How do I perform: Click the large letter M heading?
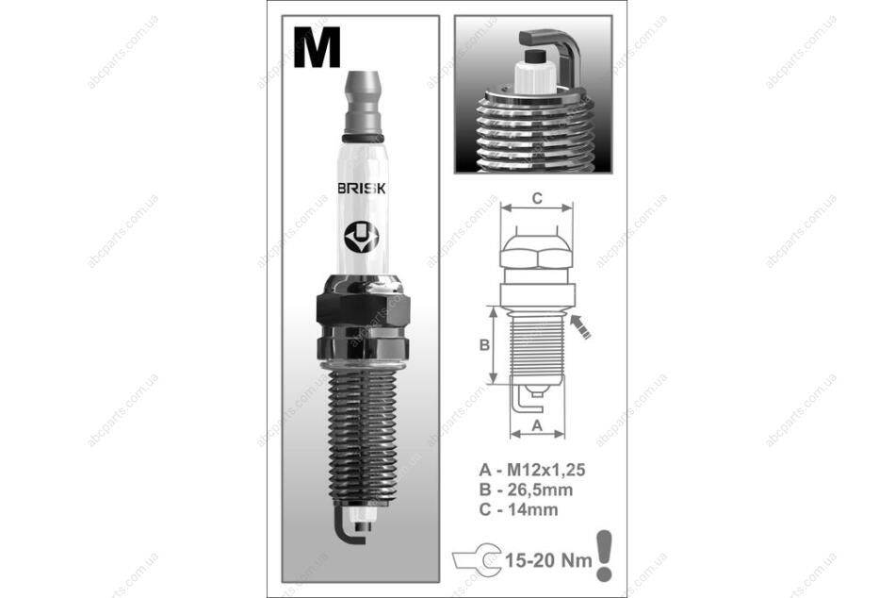pyautogui.click(x=317, y=47)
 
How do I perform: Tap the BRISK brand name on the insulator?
pyautogui.click(x=362, y=189)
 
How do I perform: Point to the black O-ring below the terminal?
pyautogui.click(x=363, y=138)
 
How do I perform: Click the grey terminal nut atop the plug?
pyautogui.click(x=363, y=103)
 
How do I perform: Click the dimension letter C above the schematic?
pyautogui.click(x=537, y=198)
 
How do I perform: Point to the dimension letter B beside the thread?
pyautogui.click(x=484, y=345)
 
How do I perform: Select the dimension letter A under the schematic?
pyautogui.click(x=537, y=425)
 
